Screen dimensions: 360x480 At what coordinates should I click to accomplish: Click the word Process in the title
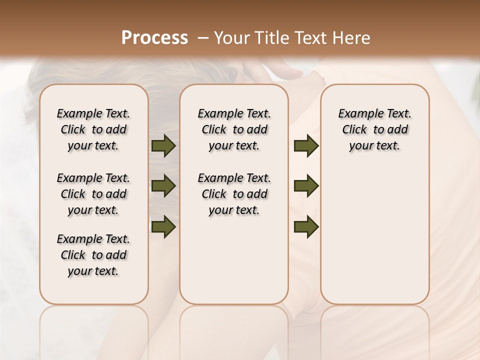(154, 38)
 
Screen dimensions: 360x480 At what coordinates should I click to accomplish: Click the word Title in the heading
(270, 38)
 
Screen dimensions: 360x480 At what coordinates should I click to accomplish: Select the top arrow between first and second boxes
(163, 146)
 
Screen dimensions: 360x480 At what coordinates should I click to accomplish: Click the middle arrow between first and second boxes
(163, 186)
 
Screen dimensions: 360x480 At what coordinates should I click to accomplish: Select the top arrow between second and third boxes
(306, 146)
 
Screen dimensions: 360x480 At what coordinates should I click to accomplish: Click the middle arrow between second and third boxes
(306, 186)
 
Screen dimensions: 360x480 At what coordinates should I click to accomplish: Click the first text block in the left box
(93, 129)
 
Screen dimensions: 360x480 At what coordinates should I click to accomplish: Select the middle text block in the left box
(93, 194)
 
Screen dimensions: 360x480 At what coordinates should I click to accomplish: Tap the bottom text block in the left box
(93, 255)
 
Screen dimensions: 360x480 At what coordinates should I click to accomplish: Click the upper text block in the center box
(234, 129)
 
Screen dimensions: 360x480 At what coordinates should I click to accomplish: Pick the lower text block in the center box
(234, 194)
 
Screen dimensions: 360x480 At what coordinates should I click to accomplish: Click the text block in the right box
(374, 129)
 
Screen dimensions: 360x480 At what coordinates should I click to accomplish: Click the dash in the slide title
(203, 38)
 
